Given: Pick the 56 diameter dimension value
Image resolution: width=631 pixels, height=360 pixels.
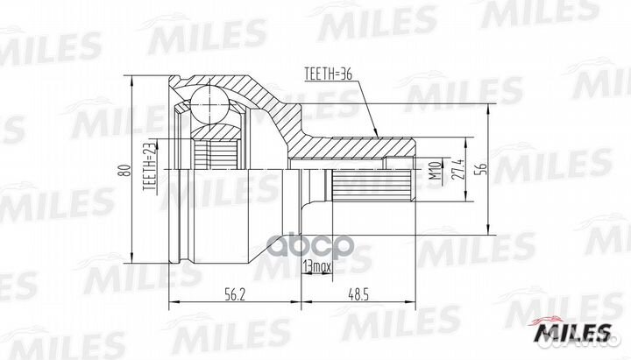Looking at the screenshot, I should click(x=480, y=170).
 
